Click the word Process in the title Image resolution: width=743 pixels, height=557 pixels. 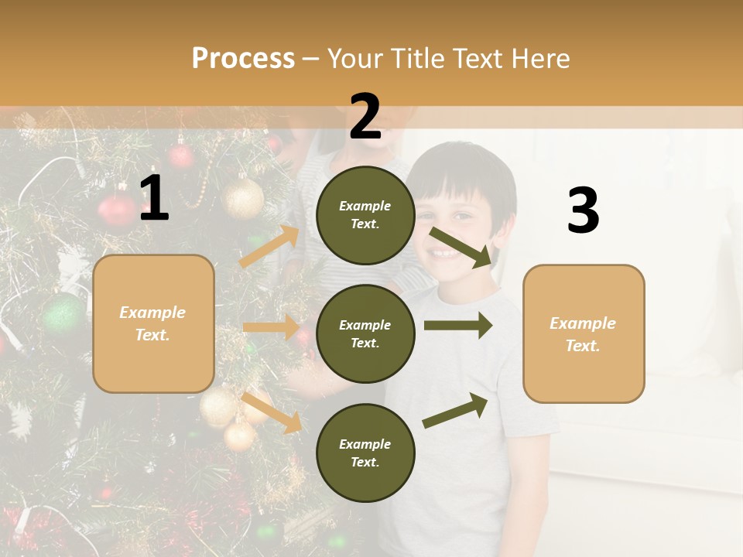tap(243, 58)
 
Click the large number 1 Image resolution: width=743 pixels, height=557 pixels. tap(155, 199)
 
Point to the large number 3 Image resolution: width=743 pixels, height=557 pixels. tap(583, 211)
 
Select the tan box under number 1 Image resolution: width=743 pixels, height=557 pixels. tap(153, 323)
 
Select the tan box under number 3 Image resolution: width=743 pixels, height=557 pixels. tap(584, 333)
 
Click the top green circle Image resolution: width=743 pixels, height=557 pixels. tap(365, 214)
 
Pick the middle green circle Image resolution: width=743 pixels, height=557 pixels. tap(365, 333)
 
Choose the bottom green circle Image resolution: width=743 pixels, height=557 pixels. tap(365, 453)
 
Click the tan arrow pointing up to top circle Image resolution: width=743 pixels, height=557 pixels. tap(269, 246)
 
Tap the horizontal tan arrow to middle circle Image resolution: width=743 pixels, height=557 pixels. tap(271, 327)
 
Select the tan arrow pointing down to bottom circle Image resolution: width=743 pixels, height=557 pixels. tap(271, 412)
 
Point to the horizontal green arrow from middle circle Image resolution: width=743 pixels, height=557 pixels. tap(457, 326)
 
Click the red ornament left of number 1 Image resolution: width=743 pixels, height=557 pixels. tap(116, 210)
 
